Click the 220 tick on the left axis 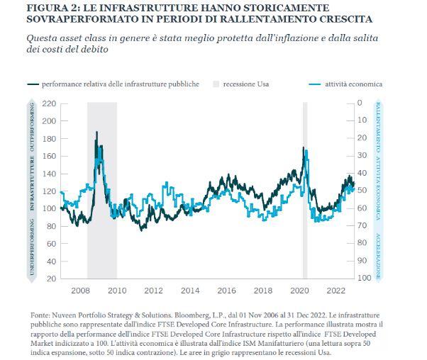pos(49,103)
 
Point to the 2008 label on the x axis pos(80,291)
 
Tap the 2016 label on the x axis pos(226,291)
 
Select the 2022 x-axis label pos(336,291)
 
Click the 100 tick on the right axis pos(364,278)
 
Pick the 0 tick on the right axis pos(360,103)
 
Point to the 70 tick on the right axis pos(362,225)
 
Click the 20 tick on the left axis pos(52,279)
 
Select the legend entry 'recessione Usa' pos(241,84)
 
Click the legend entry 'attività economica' pos(345,84)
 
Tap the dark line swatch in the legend pos(33,84)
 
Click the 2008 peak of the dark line pos(96,132)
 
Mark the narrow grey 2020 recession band pos(305,191)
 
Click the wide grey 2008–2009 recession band pos(102,191)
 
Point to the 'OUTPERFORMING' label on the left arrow pos(32,127)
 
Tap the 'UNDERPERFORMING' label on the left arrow pos(32,247)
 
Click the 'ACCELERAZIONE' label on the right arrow pos(378,257)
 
